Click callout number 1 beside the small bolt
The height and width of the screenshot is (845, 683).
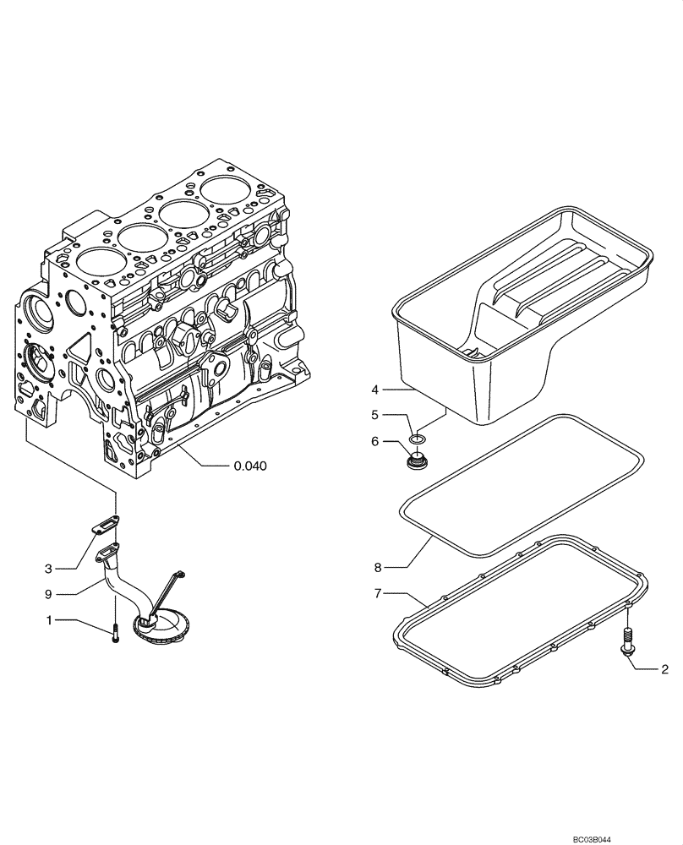click(50, 620)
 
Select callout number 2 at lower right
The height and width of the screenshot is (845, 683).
click(664, 669)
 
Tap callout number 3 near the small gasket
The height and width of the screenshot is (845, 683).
click(50, 568)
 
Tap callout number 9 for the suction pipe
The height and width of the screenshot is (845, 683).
click(50, 594)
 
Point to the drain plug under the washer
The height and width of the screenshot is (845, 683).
click(415, 461)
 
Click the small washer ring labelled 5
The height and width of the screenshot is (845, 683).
click(417, 439)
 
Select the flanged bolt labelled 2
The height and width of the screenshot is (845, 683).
click(628, 640)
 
